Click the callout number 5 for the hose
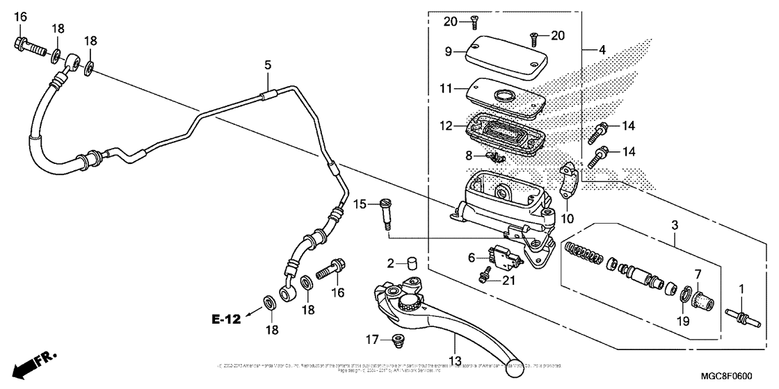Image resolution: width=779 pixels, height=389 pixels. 267,65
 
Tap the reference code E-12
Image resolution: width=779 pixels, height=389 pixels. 227,320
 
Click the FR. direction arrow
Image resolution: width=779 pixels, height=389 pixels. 35,362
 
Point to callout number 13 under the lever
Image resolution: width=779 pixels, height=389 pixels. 455,361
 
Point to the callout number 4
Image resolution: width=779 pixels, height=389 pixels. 603,49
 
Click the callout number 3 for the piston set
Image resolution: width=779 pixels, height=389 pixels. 674,226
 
